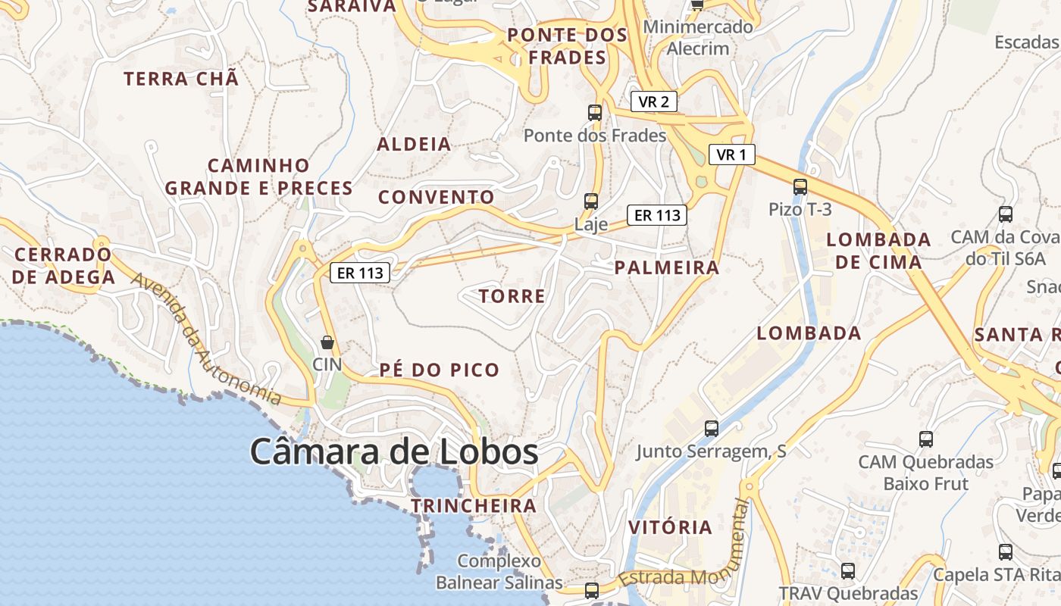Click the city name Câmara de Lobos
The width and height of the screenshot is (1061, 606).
394,452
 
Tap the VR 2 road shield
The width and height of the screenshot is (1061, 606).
653,102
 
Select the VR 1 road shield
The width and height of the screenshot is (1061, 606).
732,155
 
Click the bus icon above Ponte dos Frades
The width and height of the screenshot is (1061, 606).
595,113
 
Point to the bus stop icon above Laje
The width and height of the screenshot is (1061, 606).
591,201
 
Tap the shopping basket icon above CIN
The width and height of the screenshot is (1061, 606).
327,342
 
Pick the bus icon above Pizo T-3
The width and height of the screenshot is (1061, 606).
800,186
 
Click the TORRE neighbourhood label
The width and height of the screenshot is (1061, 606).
512,296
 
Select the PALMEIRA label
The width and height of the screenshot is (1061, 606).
667,267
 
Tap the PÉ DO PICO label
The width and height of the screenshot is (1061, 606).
440,370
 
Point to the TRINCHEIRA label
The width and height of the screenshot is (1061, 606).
474,505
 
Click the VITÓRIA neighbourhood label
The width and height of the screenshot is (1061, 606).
671,527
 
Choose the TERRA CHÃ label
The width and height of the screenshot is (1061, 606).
181,79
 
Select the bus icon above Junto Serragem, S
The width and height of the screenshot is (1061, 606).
712,428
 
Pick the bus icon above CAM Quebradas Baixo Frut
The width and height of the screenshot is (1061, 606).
925,439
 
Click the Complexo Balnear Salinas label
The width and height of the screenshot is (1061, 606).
499,572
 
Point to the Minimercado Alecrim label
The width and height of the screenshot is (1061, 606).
698,38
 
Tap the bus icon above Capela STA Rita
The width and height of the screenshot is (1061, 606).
1006,551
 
